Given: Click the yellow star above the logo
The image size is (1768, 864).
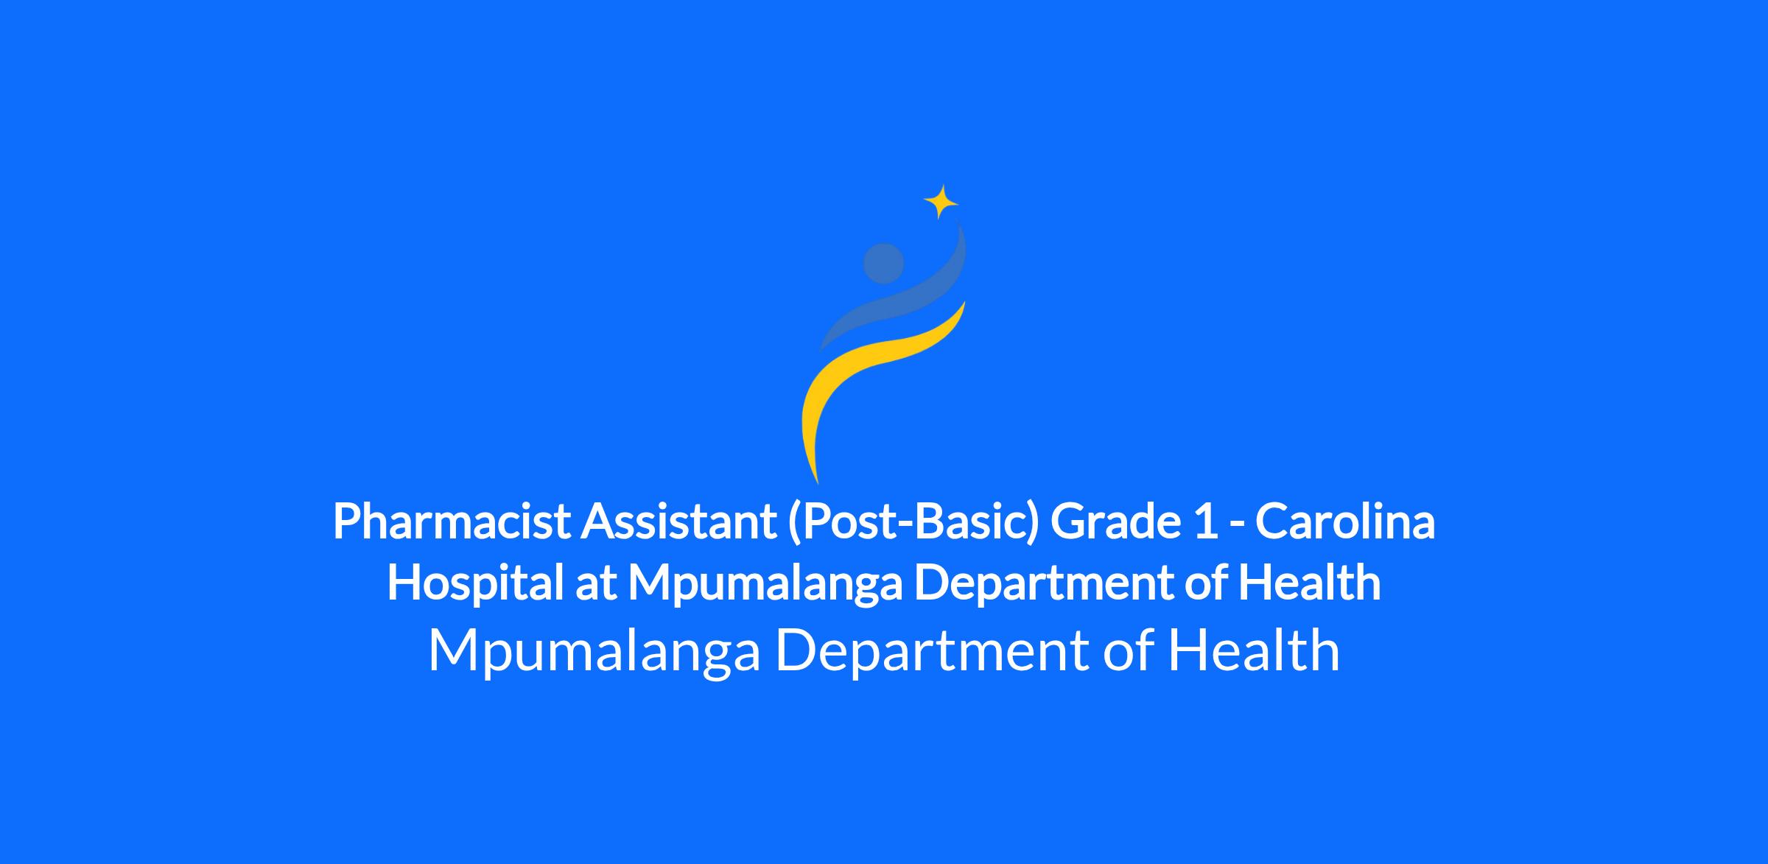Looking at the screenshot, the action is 941,201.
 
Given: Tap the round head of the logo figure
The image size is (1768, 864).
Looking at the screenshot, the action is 883,263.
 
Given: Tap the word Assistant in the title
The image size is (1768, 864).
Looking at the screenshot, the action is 678,521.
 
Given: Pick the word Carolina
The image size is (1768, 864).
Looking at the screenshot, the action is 1345,521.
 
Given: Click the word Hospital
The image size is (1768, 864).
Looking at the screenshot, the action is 476,583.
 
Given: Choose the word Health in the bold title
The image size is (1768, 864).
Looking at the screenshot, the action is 1310,583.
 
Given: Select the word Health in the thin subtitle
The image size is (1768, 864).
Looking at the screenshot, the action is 1254,650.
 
